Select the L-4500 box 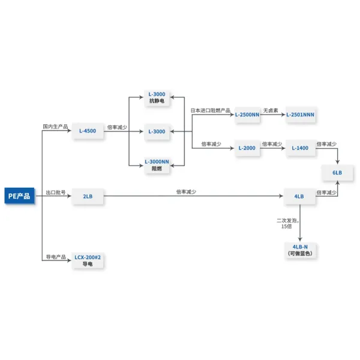[88, 130]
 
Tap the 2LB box [88, 196]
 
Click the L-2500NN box [247, 114]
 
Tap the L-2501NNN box [300, 114]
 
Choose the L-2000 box [247, 148]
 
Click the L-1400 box [300, 148]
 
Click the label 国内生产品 [55, 127]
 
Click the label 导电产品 [55, 257]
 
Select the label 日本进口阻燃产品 [211, 110]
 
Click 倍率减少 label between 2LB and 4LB [186, 192]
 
